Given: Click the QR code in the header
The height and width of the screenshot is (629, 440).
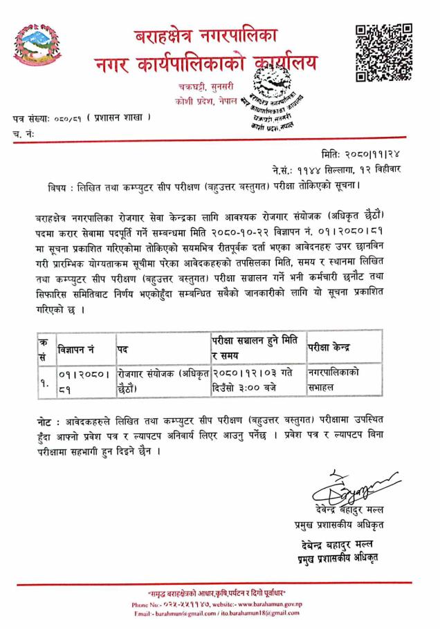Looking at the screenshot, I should click(384, 53).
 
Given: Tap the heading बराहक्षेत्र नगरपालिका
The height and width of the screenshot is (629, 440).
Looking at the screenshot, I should click(212, 35).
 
